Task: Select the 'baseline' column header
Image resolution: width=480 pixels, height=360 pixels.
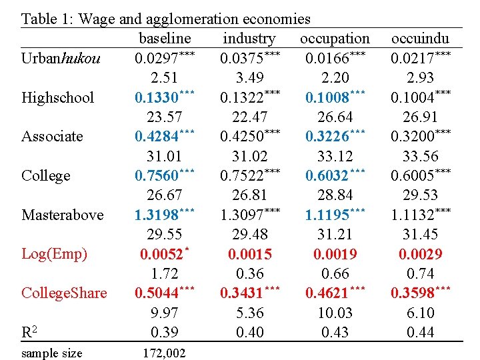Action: (x=165, y=39)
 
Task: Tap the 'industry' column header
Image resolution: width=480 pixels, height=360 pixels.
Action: (x=249, y=39)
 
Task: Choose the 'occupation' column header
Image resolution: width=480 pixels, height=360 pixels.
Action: (x=335, y=39)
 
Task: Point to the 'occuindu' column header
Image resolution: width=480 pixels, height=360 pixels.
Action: (x=420, y=39)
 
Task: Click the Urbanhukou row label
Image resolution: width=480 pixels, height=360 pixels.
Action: (x=61, y=59)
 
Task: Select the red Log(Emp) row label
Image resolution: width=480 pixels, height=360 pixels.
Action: (x=55, y=254)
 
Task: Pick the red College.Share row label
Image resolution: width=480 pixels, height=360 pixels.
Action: (x=64, y=293)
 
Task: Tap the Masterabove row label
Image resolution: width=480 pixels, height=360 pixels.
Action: (x=63, y=215)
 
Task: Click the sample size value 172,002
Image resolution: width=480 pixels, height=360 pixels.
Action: (x=164, y=353)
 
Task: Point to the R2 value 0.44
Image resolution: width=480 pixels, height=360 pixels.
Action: (x=420, y=332)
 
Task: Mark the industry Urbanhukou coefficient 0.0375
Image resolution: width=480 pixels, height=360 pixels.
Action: (x=243, y=59)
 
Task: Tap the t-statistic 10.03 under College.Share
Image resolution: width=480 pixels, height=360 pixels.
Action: (x=335, y=313)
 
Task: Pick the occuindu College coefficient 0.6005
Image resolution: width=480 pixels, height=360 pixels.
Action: (x=415, y=176)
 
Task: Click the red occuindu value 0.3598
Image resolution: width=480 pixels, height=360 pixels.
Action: (x=415, y=293)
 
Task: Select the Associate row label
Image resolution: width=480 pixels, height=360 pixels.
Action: (x=52, y=137)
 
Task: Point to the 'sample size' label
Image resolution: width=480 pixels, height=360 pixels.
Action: (x=52, y=353)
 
